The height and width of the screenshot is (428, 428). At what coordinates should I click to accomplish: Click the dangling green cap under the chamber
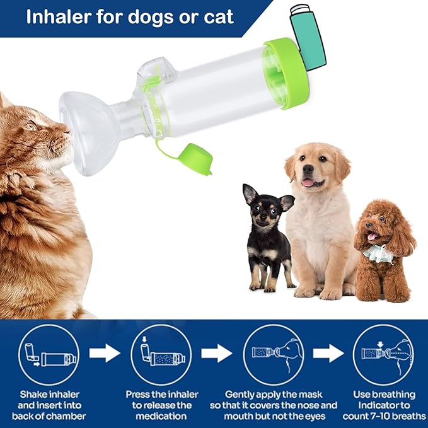(x=195, y=159)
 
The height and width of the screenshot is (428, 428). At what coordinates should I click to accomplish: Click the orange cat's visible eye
(x=30, y=125)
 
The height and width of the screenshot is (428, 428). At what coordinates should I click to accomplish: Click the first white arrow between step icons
(x=105, y=353)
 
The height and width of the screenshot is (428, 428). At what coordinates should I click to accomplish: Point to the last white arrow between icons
(x=328, y=353)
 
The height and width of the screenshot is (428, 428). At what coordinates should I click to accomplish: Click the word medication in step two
(x=162, y=416)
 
